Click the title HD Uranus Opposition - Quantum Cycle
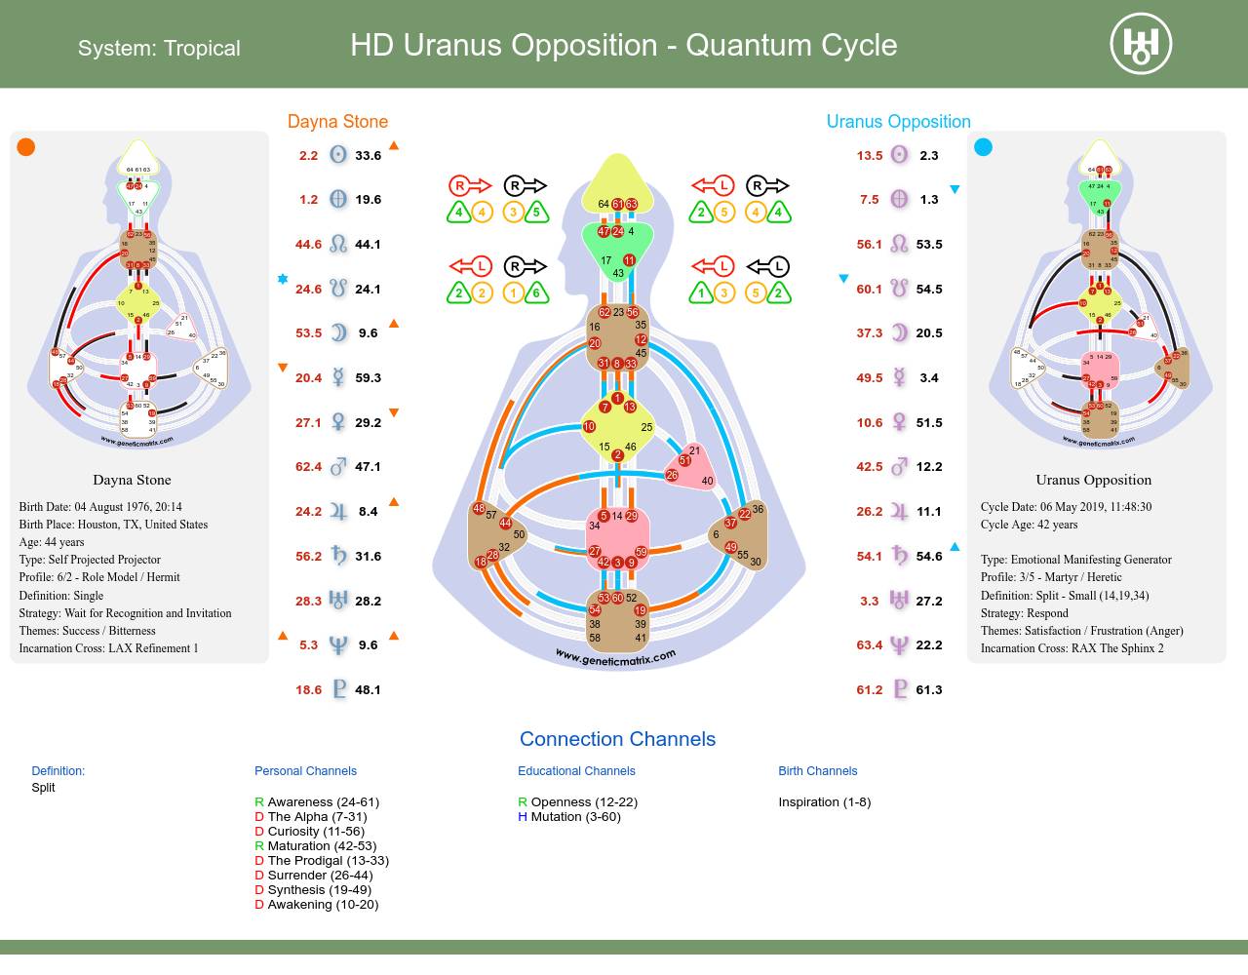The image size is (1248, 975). tap(623, 45)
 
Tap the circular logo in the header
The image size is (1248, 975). tap(1141, 44)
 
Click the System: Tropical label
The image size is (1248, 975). tap(159, 48)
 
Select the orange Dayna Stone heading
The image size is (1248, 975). tap(337, 121)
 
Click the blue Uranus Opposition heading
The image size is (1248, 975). tap(898, 121)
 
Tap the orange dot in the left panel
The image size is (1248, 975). tap(26, 147)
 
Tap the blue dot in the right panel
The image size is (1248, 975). tap(983, 147)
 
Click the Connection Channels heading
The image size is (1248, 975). tap(617, 739)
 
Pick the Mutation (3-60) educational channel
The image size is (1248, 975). tap(575, 817)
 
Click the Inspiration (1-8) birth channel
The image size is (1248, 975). tap(824, 802)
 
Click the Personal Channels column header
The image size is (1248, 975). tap(305, 771)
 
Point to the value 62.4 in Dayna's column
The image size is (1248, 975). tap(308, 467)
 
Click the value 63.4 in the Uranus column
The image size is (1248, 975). tap(869, 645)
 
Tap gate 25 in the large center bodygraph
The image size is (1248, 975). tap(645, 427)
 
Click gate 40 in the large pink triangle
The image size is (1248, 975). tap(707, 481)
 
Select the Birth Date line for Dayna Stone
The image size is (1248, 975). tap(100, 507)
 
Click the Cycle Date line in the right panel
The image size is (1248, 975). tap(1066, 507)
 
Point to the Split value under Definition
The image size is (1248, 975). tap(44, 788)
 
